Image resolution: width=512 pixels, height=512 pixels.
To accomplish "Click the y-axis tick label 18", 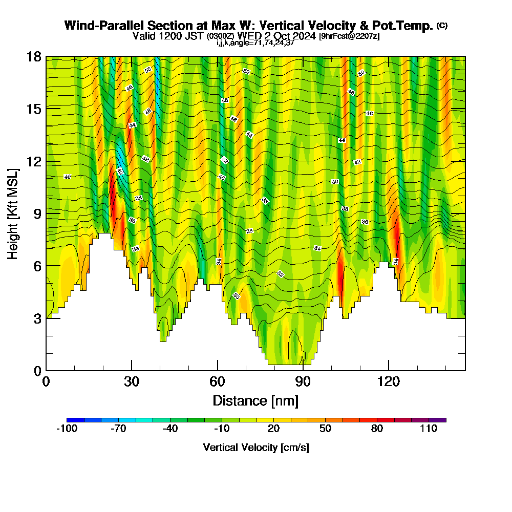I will point(34,56).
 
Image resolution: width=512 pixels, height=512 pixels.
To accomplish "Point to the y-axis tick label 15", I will point(34,109).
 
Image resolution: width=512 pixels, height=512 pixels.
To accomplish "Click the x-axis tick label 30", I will point(132,382).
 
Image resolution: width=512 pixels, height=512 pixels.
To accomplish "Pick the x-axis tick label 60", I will point(218,382).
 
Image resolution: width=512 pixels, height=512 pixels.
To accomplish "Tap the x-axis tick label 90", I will point(303,382).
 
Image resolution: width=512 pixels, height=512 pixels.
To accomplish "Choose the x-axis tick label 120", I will point(389,382).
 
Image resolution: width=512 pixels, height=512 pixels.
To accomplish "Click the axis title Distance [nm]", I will point(255,400).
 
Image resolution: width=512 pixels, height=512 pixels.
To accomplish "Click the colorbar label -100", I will point(67,429).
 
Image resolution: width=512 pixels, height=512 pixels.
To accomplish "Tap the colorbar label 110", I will point(429,429).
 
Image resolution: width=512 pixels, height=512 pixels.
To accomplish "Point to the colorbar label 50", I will point(325,429).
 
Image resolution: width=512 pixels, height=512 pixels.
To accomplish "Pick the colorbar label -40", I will point(170,429).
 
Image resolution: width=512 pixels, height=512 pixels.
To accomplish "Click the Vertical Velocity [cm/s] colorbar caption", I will point(255,447).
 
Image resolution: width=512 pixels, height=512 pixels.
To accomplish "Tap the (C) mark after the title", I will point(442,25).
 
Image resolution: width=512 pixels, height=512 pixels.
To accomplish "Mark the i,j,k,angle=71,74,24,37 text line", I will point(255,43).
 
